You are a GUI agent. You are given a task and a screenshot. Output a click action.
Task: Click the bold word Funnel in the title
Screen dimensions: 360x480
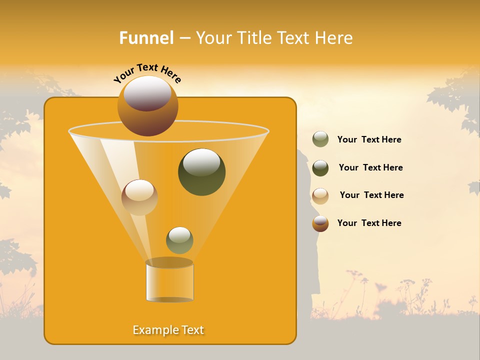point(146,38)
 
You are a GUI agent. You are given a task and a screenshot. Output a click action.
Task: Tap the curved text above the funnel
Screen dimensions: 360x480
point(147,73)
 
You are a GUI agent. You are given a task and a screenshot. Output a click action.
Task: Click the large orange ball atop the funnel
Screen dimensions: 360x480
point(148,105)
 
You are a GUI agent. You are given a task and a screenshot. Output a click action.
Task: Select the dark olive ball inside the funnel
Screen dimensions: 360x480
point(201,171)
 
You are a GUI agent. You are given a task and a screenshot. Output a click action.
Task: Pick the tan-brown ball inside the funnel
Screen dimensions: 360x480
point(139,197)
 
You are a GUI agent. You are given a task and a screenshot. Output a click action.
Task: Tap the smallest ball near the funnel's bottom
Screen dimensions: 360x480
point(179,240)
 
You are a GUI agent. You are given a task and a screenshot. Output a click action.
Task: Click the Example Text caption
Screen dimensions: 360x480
point(168,330)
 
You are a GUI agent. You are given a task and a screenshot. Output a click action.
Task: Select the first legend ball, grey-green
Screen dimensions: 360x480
point(320,139)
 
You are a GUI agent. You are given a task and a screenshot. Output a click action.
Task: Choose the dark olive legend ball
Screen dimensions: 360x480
point(320,168)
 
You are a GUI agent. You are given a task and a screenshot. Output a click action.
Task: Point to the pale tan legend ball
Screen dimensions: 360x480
point(320,196)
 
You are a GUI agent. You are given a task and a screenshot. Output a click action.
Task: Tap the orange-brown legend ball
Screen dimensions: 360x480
point(320,223)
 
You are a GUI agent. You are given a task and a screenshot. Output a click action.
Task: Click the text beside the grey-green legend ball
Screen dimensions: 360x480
point(369,140)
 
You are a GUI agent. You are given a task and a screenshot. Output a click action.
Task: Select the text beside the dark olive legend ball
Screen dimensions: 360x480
point(370,168)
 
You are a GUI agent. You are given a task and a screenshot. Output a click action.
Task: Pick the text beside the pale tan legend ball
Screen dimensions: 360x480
point(371,195)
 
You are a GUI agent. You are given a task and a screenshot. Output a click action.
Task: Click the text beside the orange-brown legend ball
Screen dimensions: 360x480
point(369,223)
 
